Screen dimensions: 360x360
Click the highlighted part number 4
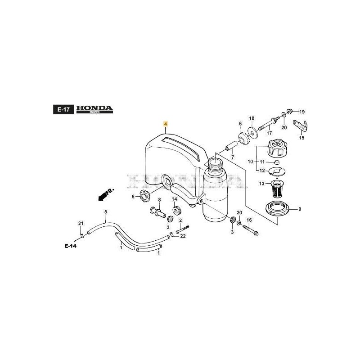coord(165,123)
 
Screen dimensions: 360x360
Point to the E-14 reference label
coord(71,246)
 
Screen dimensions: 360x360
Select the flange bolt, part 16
coord(251,229)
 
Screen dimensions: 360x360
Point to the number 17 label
coord(269,133)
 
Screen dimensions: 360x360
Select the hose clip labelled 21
coord(81,234)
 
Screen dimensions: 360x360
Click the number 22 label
coord(183,237)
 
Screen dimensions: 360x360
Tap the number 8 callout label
coord(159,199)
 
